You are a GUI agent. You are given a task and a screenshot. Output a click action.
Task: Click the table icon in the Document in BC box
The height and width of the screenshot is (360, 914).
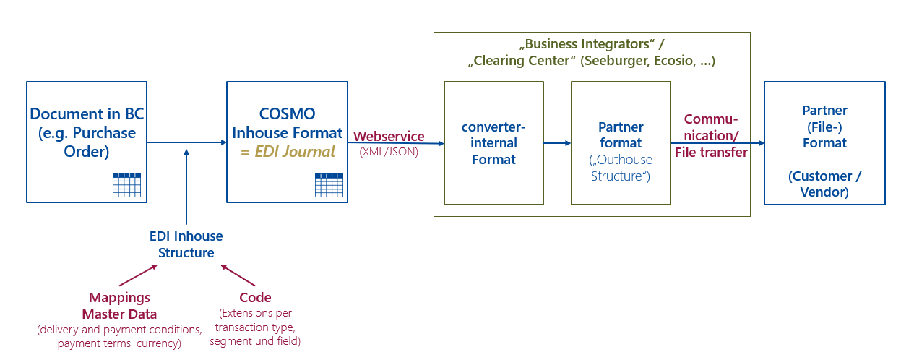pyautogui.click(x=126, y=185)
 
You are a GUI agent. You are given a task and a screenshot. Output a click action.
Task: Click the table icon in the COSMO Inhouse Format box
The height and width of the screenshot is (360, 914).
pyautogui.click(x=329, y=185)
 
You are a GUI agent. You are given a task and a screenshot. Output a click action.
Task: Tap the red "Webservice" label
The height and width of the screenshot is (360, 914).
pyautogui.click(x=389, y=137)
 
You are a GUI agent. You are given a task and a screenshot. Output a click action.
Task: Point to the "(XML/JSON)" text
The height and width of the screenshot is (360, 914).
pyautogui.click(x=389, y=152)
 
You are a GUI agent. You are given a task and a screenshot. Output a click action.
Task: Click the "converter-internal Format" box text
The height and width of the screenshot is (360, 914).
pyautogui.click(x=493, y=143)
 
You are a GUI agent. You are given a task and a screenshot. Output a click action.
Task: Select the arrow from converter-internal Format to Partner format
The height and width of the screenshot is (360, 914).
pyautogui.click(x=557, y=143)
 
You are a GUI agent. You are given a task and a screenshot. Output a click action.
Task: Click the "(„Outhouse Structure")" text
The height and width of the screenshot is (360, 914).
pyautogui.click(x=621, y=167)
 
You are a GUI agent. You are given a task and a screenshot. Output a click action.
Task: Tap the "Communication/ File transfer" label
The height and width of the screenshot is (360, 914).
pyautogui.click(x=711, y=135)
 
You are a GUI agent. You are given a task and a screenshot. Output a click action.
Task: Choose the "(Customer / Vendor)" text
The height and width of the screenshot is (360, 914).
pyautogui.click(x=824, y=184)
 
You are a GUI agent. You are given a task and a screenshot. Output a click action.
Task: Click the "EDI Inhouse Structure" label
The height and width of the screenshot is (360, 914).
pyautogui.click(x=186, y=244)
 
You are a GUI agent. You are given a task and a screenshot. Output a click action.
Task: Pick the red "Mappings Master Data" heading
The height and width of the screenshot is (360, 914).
pyautogui.click(x=119, y=306)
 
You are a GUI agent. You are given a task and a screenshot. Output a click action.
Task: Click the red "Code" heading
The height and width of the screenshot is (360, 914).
pyautogui.click(x=255, y=298)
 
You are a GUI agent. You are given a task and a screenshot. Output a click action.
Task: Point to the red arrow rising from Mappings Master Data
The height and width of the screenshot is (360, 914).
pyautogui.click(x=138, y=275)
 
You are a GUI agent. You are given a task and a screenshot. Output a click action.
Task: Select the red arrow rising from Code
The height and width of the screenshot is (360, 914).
pyautogui.click(x=238, y=275)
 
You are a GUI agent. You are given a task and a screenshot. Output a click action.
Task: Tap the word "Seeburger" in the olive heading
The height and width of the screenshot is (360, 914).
pyautogui.click(x=614, y=61)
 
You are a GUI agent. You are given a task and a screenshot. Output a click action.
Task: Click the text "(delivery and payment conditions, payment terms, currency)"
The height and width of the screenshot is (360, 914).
pyautogui.click(x=119, y=336)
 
